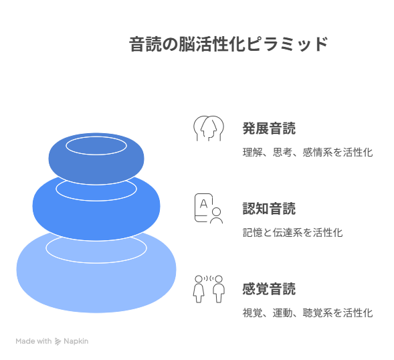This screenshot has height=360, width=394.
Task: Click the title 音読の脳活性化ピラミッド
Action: (x=228, y=44)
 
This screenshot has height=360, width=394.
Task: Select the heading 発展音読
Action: (x=269, y=128)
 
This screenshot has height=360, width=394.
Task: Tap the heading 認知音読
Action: (x=269, y=209)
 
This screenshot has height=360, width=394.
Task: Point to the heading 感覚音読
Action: (x=269, y=289)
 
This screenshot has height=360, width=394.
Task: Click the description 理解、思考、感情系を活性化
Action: (x=308, y=153)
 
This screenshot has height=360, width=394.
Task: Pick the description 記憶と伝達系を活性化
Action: (x=292, y=233)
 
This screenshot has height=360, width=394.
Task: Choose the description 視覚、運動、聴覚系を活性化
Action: (x=308, y=312)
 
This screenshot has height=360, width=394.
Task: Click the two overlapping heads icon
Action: (x=209, y=128)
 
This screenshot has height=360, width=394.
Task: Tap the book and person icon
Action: (x=209, y=208)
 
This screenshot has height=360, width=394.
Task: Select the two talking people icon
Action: (x=209, y=289)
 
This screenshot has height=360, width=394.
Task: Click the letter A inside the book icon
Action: (x=204, y=204)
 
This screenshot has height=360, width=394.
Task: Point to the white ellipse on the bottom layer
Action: (x=96, y=263)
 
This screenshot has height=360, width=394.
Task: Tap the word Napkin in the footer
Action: (x=76, y=341)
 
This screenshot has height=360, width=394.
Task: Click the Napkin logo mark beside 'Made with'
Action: (x=58, y=341)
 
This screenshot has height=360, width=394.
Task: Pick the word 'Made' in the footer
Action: (x=25, y=341)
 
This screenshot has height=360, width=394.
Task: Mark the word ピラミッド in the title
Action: (x=287, y=44)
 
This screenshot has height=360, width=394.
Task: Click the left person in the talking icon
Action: (x=199, y=289)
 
